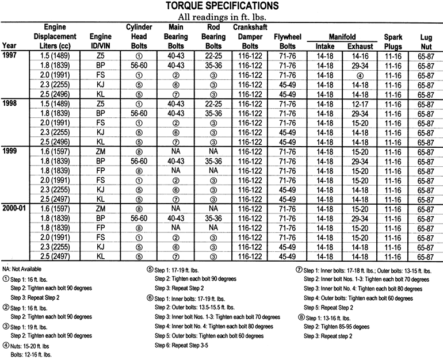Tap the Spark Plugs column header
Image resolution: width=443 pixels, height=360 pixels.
coord(393,41)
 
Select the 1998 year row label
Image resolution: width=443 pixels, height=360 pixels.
coord(11,103)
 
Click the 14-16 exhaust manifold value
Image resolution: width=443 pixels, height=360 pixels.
coord(360,56)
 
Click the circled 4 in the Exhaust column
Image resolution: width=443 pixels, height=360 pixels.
coord(360,75)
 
